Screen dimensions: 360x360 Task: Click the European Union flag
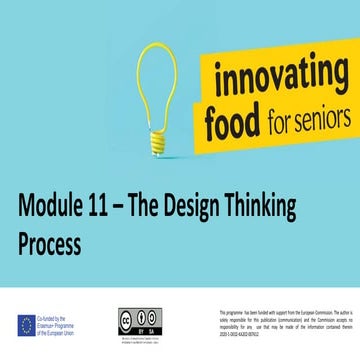26,324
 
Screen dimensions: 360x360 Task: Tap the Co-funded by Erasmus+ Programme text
66,324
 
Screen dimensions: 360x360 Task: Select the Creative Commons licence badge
139,318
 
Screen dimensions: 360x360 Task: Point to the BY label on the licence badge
134,326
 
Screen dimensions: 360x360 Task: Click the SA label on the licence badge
149,326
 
